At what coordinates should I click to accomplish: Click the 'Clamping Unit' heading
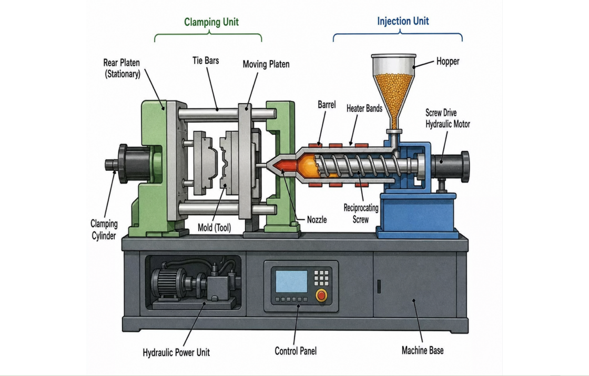(x=211, y=22)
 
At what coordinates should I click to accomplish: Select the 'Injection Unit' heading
(x=403, y=21)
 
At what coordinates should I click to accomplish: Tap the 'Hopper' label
(x=448, y=61)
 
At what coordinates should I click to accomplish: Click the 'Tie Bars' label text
(x=206, y=60)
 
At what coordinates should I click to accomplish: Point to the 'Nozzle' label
(x=317, y=220)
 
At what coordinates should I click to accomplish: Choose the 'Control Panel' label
(x=296, y=351)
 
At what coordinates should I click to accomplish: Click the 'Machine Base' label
(x=423, y=350)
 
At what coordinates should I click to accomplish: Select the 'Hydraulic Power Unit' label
(x=176, y=352)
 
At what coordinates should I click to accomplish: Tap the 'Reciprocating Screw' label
(x=361, y=214)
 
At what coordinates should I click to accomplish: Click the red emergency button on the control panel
(x=321, y=295)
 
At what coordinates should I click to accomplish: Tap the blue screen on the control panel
(x=291, y=281)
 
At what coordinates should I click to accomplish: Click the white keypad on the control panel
(x=321, y=278)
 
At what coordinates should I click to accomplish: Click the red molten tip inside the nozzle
(x=285, y=165)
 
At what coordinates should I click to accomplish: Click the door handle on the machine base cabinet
(x=379, y=287)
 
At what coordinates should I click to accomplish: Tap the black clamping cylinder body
(x=134, y=164)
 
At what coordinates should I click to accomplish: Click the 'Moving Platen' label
(x=266, y=64)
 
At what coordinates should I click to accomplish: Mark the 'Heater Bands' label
(x=364, y=108)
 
